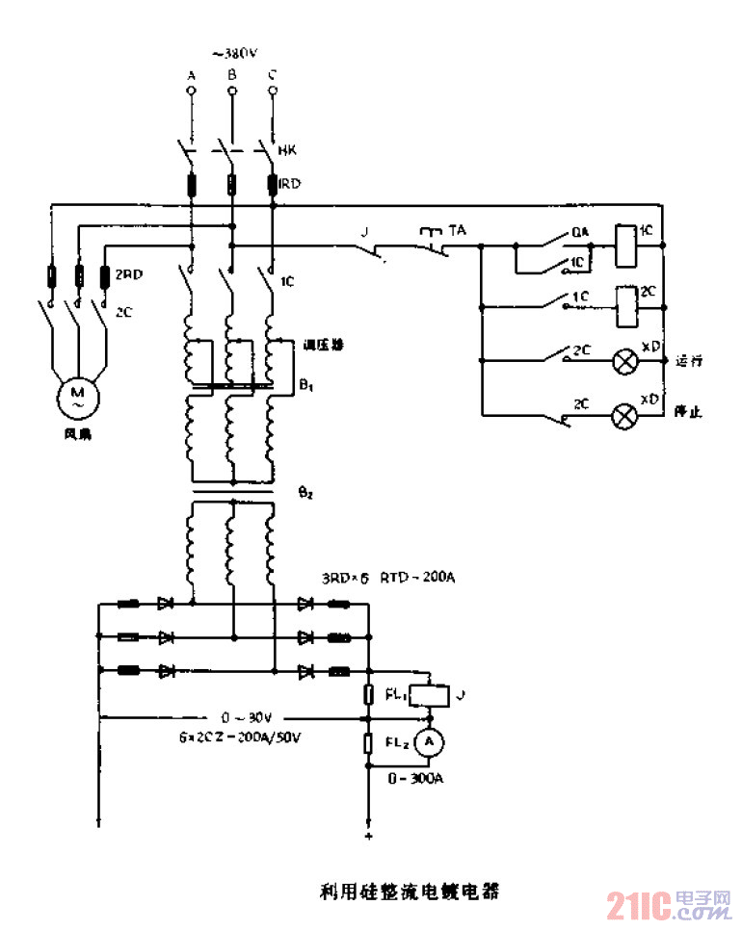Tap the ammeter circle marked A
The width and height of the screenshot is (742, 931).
(433, 740)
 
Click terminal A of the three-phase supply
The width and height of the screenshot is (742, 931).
(191, 91)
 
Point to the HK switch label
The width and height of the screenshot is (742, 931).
(286, 151)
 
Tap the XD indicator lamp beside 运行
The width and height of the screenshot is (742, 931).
(626, 362)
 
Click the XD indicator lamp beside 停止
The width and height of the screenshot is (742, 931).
(626, 415)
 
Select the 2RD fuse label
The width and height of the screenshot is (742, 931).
(128, 273)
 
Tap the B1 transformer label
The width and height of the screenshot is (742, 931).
(306, 386)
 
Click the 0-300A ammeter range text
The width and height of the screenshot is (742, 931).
(416, 779)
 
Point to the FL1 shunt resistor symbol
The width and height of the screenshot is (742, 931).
(369, 694)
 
